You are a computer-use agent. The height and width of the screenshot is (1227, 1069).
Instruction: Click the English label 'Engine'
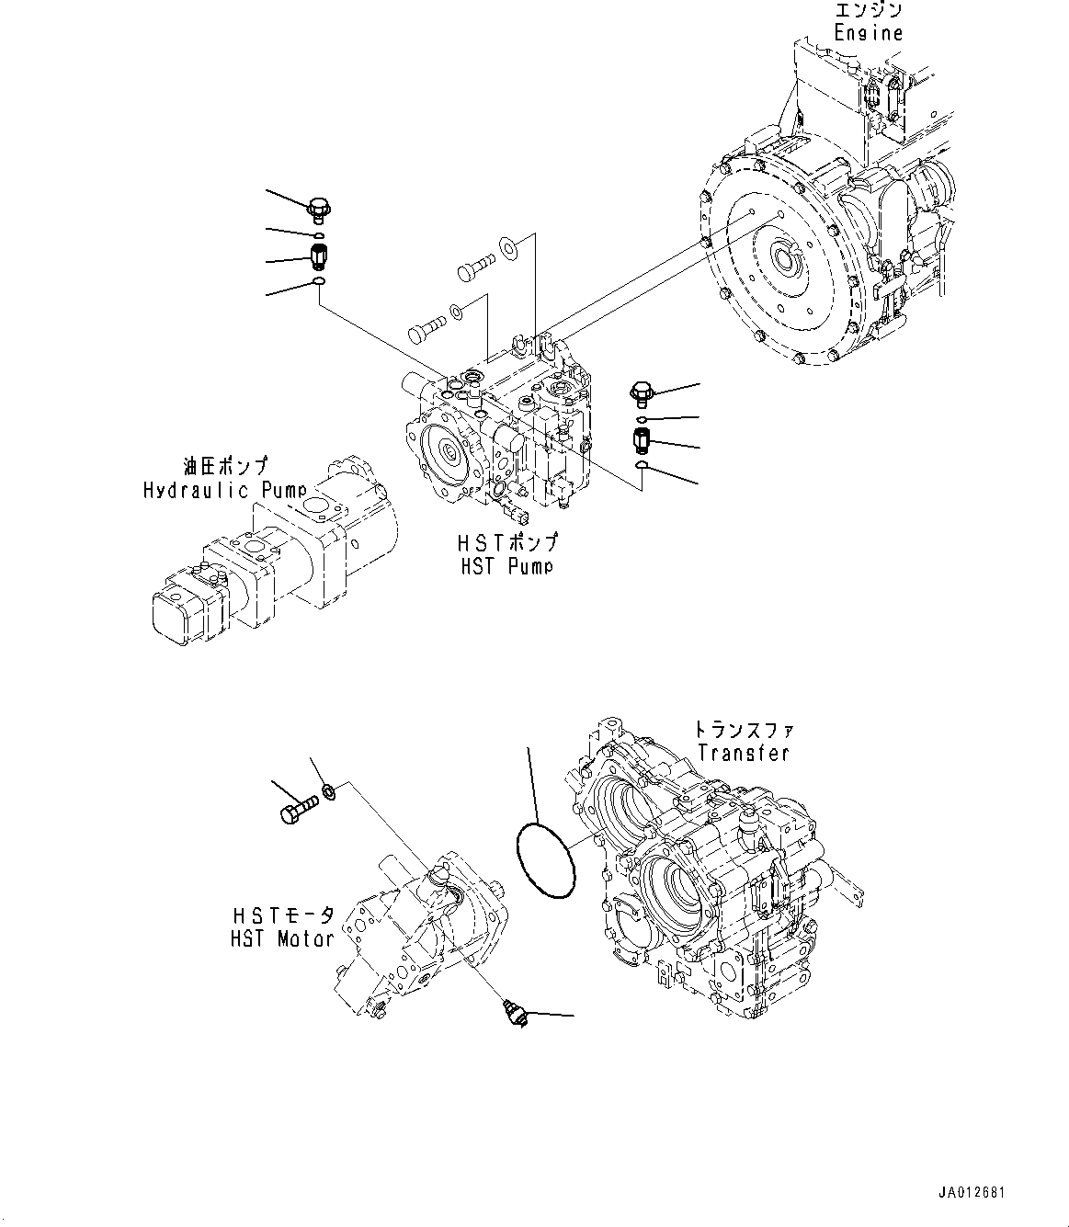point(868,33)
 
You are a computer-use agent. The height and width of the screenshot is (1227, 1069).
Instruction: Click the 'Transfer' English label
point(743,753)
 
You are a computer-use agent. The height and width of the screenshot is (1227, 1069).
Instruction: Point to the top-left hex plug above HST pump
point(320,210)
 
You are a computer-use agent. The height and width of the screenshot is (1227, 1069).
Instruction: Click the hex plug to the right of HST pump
point(642,396)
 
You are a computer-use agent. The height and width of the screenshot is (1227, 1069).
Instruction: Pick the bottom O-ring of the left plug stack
point(318,282)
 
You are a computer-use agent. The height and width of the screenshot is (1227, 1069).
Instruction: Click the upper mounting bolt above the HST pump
point(474,267)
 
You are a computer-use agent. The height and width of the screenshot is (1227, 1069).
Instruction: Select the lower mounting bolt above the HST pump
point(427,324)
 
